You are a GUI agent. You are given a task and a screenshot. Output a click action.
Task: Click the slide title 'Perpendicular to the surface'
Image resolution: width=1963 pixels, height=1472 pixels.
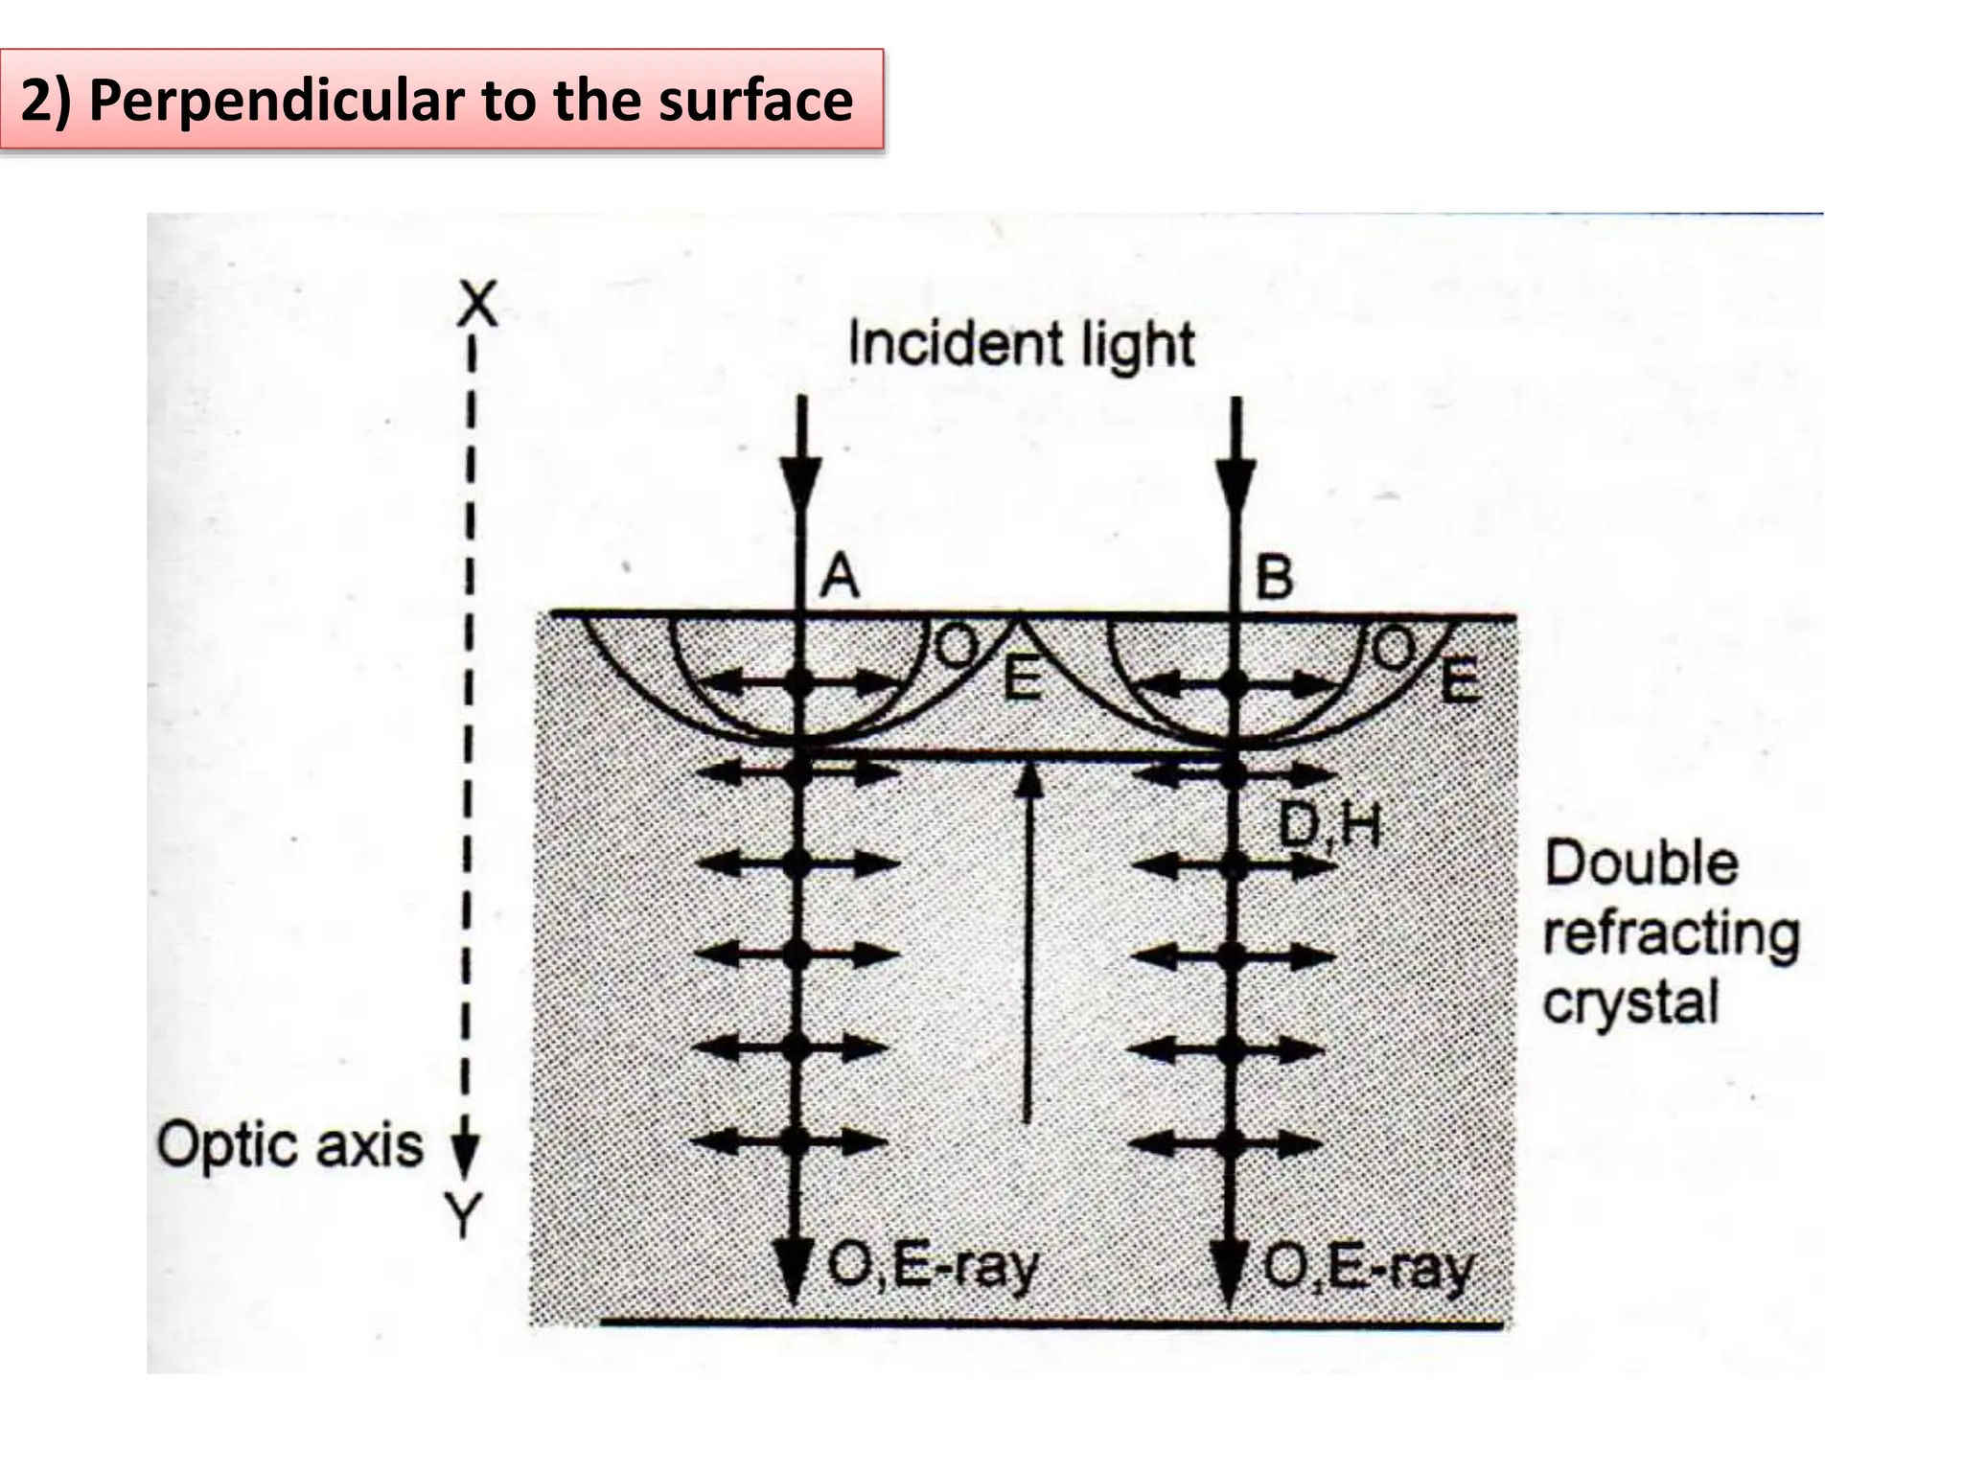pos(437,100)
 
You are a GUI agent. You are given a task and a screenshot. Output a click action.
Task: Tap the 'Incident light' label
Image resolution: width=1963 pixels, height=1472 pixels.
pos(1022,345)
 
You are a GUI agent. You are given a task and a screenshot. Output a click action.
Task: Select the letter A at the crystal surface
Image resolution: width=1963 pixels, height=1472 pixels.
pos(840,577)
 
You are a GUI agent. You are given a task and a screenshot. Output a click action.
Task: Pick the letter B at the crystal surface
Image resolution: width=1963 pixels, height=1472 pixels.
pos(1274,577)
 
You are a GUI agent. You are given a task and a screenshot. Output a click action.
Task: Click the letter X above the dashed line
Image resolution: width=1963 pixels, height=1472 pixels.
pos(477,306)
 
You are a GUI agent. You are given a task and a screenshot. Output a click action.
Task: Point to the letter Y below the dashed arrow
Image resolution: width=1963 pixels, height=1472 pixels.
pos(464,1217)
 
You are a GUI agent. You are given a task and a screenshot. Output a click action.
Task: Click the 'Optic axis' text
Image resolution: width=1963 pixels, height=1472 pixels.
pos(289,1146)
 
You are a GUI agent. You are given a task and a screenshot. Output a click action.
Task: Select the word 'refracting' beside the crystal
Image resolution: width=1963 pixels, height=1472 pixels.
pos(1672,934)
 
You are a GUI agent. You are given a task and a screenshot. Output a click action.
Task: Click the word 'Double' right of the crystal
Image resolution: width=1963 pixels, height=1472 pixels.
pos(1641,863)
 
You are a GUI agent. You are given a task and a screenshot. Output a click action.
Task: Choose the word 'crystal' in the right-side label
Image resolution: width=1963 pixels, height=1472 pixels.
pos(1630,1003)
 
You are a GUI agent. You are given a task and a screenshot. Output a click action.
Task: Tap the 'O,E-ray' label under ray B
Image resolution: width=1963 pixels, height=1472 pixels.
pos(1368,1269)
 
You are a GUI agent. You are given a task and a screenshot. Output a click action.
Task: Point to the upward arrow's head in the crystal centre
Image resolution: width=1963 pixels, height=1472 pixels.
pos(1028,780)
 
